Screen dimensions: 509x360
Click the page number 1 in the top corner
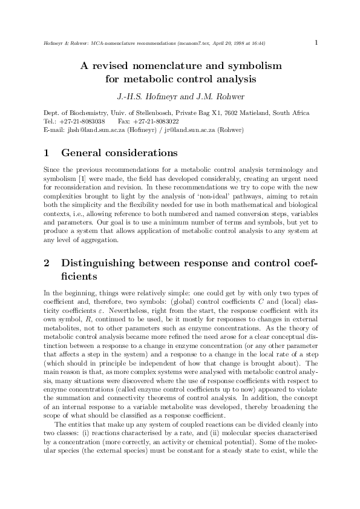[x=316, y=42]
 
